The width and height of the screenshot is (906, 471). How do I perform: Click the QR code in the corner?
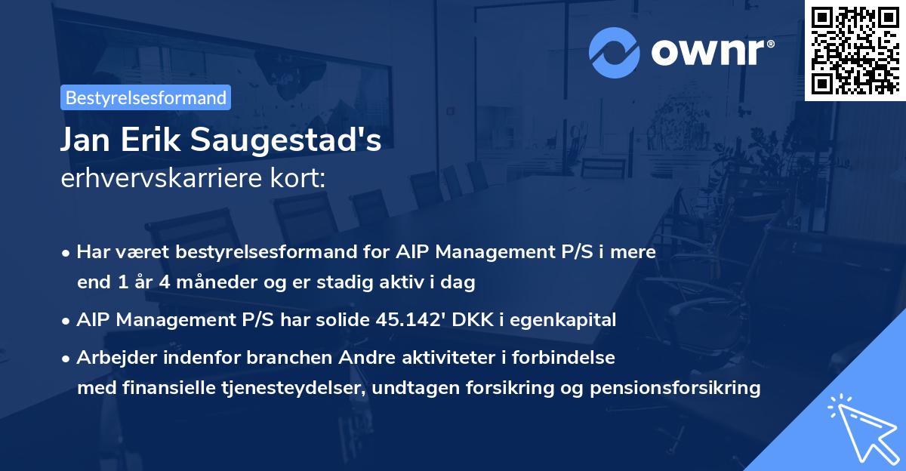(x=855, y=51)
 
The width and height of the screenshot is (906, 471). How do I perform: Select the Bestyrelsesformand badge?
(x=146, y=97)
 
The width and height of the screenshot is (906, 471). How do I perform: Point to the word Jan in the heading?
(x=86, y=141)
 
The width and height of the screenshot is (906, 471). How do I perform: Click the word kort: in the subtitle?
(x=300, y=180)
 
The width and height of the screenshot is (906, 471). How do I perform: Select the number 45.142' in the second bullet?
(x=411, y=320)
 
